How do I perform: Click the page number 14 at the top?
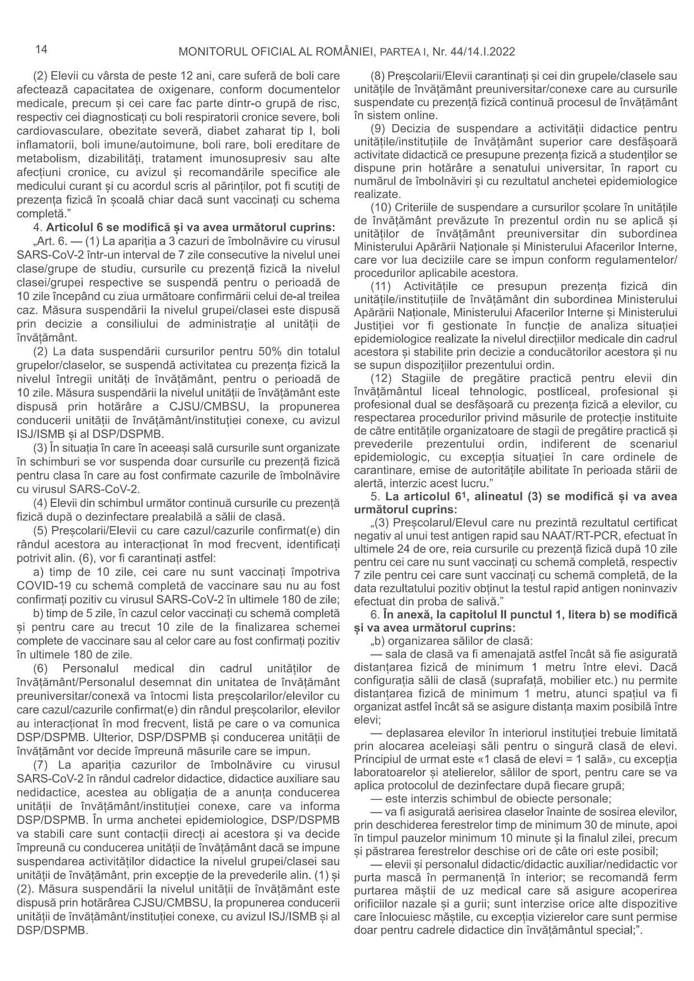click(41, 49)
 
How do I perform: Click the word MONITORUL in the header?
click(209, 52)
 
